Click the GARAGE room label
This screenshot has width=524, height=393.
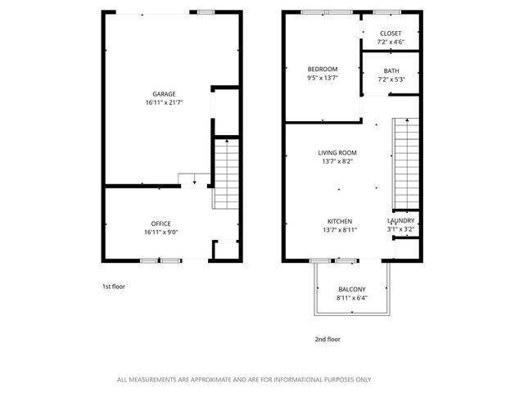(164, 94)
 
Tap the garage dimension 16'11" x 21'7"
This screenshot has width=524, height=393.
(164, 103)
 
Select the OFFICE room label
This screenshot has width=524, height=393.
(160, 224)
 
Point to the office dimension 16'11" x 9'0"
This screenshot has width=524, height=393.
(160, 233)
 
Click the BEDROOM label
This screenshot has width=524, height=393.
(323, 69)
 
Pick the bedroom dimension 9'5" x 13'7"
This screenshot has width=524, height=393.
(323, 79)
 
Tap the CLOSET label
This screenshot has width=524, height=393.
(391, 33)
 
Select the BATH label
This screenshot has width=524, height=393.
(391, 70)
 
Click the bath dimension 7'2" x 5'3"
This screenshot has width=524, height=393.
(391, 79)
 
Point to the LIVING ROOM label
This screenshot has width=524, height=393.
(337, 152)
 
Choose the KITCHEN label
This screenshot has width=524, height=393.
(340, 221)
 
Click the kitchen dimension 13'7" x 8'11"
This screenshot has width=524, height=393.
(340, 231)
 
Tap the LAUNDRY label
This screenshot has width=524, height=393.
(401, 221)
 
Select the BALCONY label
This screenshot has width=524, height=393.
(352, 289)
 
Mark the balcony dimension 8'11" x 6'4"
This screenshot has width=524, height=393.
(352, 298)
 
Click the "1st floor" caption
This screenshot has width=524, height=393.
(114, 287)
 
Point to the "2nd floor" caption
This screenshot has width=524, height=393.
(327, 339)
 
